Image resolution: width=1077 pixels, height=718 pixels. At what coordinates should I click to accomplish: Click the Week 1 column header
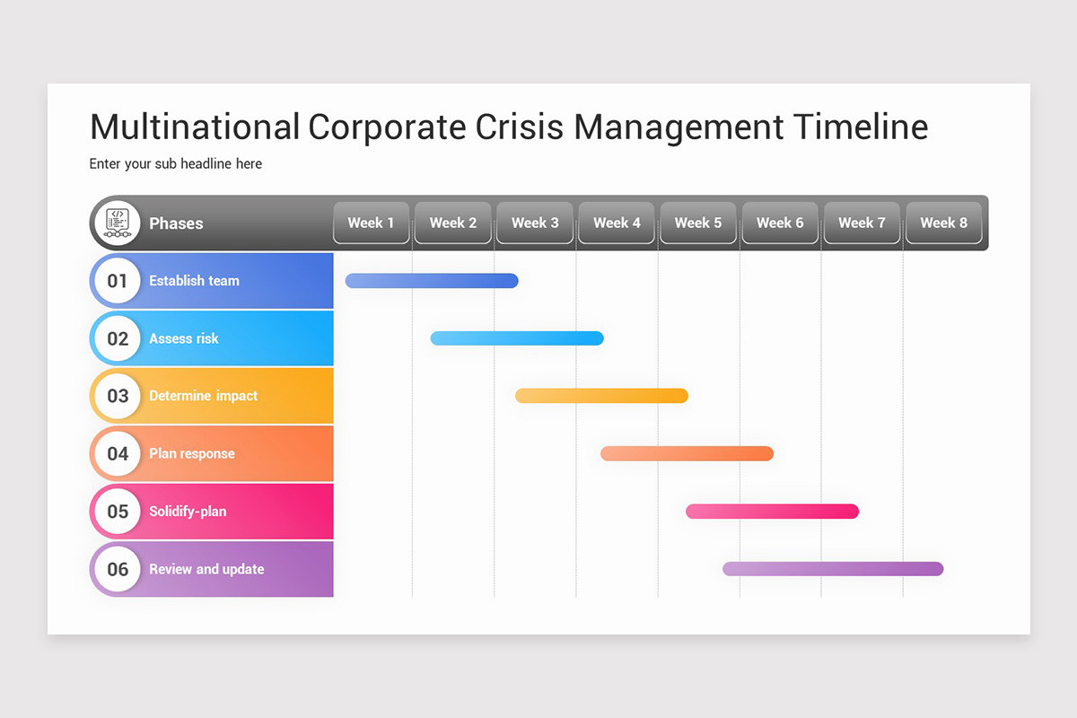372,223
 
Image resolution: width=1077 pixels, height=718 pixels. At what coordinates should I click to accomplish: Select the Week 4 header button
617,223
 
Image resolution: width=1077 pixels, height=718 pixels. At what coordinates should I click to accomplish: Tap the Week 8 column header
943,223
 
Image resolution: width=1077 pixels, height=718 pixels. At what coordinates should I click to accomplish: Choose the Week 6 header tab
780,223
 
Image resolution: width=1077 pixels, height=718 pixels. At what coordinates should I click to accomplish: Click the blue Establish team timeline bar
432,281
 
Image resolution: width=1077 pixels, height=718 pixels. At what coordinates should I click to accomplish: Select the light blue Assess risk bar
517,338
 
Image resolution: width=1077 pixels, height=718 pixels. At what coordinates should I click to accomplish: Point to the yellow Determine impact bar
601,396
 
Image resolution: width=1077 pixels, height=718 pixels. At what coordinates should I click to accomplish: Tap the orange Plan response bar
687,453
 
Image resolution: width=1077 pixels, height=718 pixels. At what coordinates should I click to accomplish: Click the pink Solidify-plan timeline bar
772,512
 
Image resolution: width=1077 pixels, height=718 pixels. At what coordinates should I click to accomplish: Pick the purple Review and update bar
833,569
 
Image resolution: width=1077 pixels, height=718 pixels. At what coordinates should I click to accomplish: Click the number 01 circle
118,281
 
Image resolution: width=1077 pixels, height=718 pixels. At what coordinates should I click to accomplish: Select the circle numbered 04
118,453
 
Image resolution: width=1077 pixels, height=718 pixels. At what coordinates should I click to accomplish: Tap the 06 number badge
118,569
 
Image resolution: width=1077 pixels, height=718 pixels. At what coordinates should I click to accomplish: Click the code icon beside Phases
118,223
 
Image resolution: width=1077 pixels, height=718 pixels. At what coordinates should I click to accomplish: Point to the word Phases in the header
176,223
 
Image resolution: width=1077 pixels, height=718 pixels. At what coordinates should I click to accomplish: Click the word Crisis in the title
520,127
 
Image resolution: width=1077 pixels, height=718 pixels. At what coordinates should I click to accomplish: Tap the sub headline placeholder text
176,164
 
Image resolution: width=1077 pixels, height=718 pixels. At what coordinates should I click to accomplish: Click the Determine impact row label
203,396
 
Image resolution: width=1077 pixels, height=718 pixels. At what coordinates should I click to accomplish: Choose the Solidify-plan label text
188,512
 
